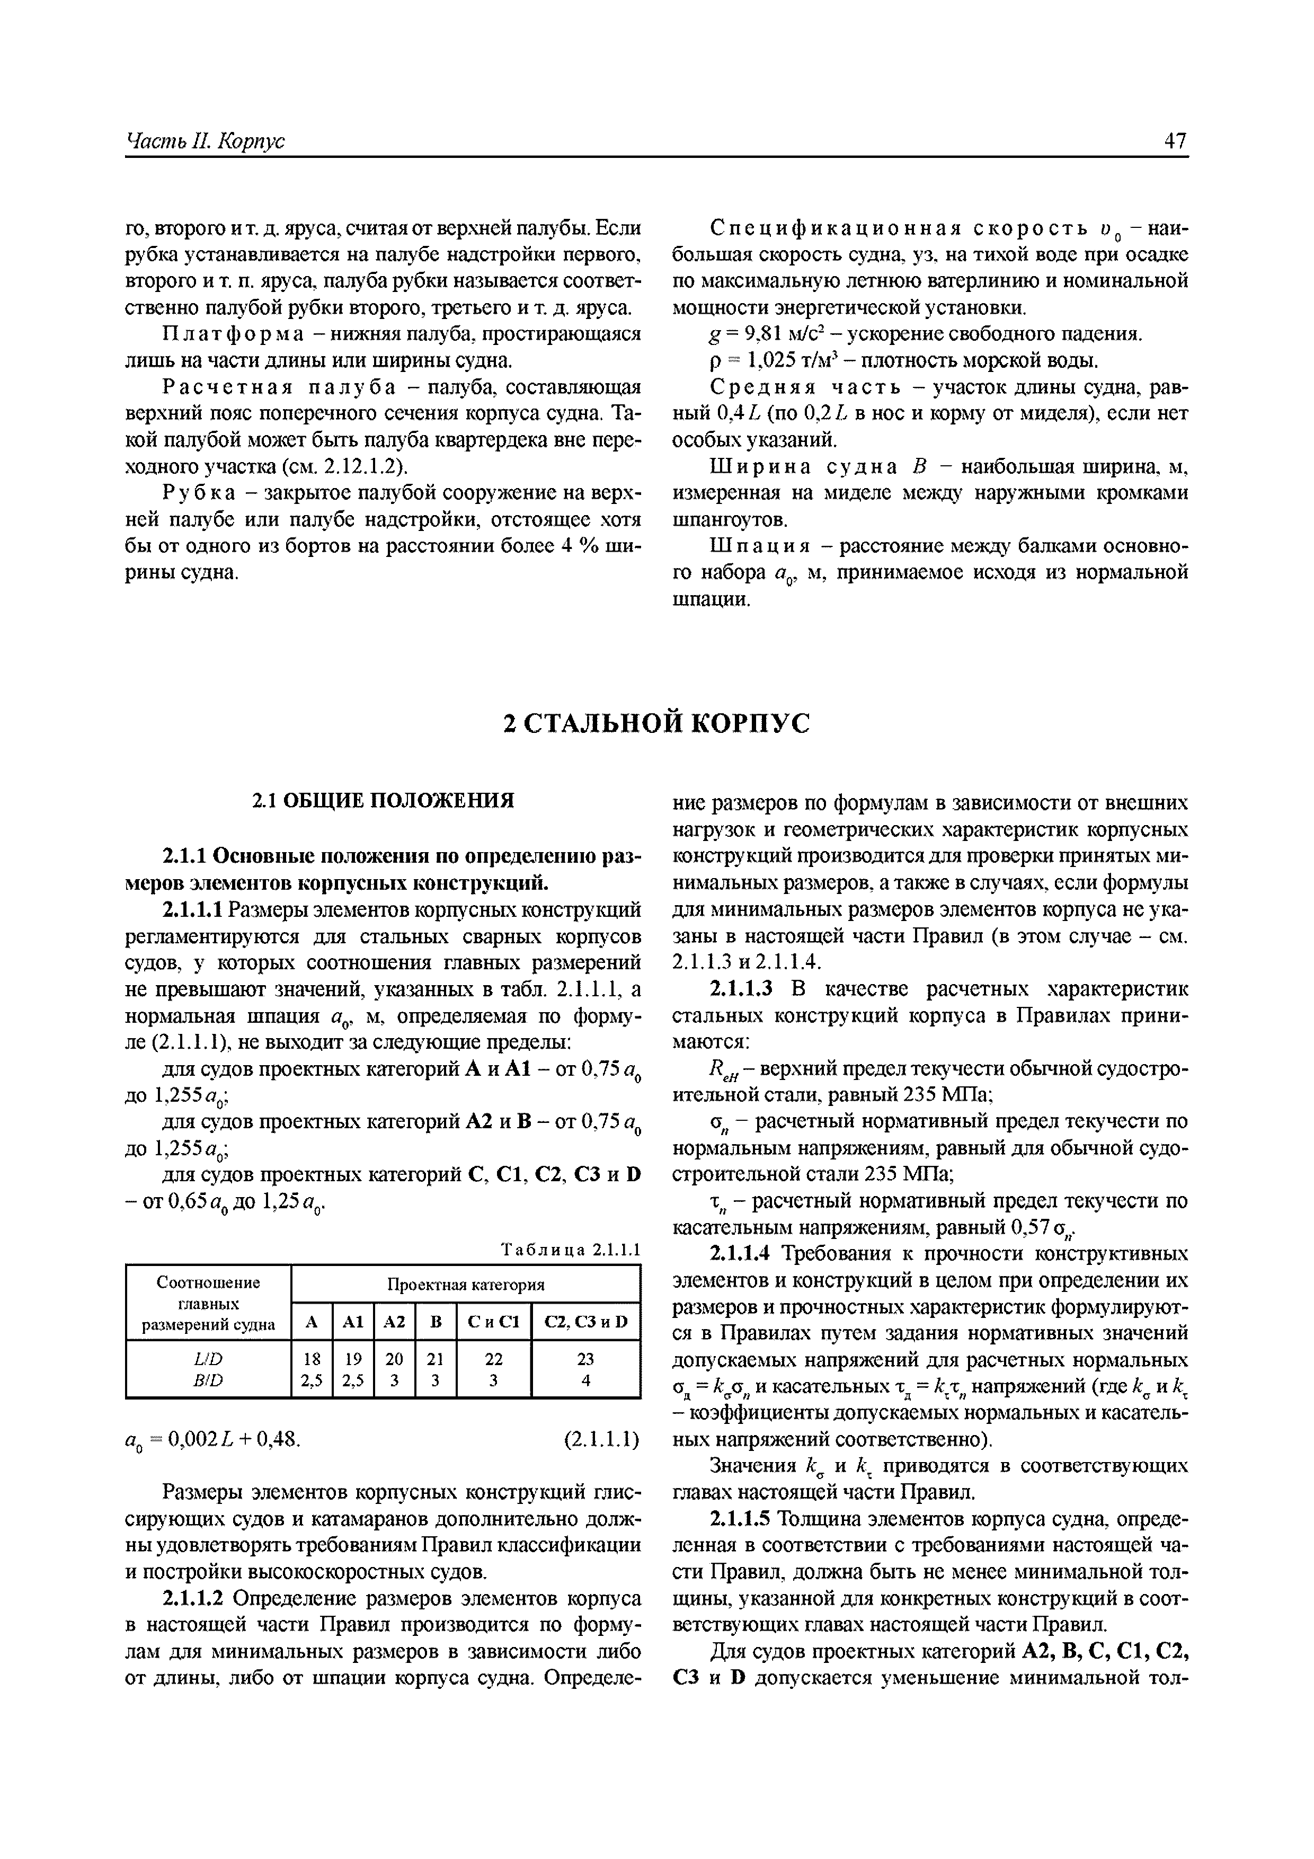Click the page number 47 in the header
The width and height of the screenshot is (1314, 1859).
1175,141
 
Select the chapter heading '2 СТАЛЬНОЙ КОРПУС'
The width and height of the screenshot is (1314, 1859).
656,723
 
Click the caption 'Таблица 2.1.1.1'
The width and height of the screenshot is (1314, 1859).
571,1250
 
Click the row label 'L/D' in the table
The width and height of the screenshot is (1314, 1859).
208,1358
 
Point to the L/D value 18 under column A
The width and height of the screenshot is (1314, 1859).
312,1358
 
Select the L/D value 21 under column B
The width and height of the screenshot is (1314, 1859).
436,1358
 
